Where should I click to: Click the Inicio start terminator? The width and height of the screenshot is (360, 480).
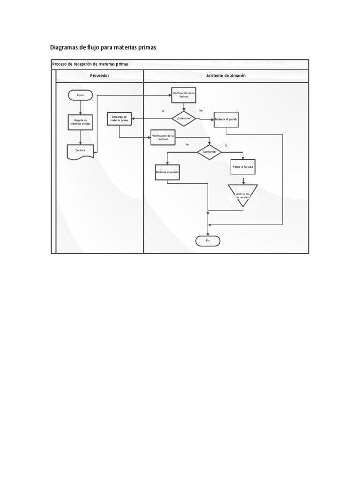(x=81, y=95)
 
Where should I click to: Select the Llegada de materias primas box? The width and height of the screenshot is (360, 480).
(x=81, y=122)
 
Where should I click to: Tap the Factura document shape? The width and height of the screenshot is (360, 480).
(x=81, y=151)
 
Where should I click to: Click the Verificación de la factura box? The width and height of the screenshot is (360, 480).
(x=183, y=95)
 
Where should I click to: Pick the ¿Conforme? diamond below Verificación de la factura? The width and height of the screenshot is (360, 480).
(x=184, y=119)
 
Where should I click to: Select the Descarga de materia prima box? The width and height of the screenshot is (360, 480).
(x=119, y=119)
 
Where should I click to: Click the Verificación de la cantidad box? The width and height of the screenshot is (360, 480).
(x=163, y=137)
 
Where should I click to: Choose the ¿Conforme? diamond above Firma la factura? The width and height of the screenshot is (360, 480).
(x=209, y=152)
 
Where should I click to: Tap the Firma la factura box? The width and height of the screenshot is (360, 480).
(x=243, y=167)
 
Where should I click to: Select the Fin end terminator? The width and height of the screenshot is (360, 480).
(x=208, y=240)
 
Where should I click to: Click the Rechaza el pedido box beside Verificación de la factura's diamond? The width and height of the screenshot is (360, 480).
(x=226, y=120)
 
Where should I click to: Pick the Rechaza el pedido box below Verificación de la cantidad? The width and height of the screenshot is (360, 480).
(x=167, y=172)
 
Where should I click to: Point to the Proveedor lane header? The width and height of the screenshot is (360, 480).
(x=99, y=75)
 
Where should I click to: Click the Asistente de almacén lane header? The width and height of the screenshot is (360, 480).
(x=226, y=75)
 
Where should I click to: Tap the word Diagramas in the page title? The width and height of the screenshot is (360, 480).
(x=64, y=47)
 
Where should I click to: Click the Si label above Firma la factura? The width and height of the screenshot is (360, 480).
(x=225, y=145)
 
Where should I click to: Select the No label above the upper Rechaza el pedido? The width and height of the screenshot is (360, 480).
(x=201, y=111)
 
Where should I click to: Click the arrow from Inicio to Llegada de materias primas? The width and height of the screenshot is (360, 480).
(x=81, y=107)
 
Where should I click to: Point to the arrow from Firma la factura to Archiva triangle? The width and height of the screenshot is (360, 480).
(x=243, y=179)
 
